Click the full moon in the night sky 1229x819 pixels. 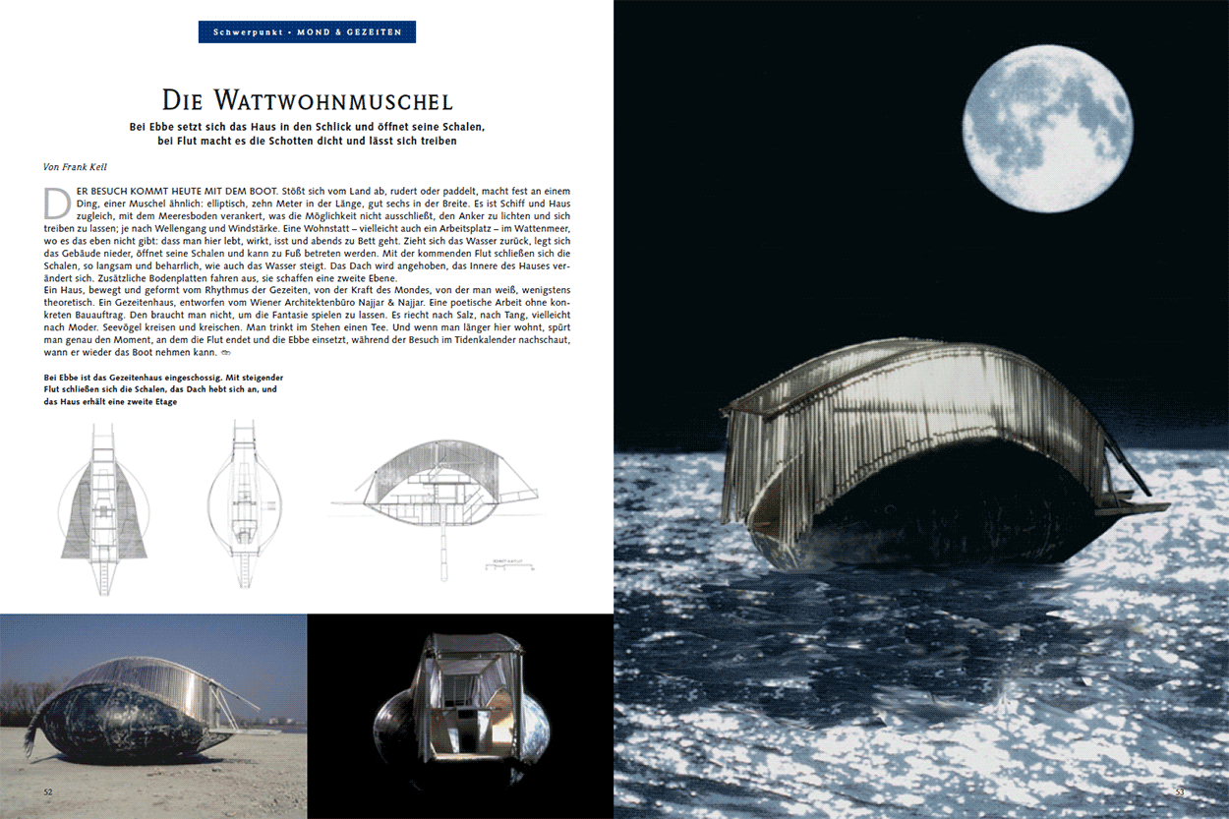pos(1046,129)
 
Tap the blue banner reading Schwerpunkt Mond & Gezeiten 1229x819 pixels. pos(307,32)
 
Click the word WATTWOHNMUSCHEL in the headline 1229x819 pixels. pos(348,100)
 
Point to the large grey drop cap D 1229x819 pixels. pos(58,201)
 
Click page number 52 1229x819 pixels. pos(48,790)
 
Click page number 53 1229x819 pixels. pos(1180,791)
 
